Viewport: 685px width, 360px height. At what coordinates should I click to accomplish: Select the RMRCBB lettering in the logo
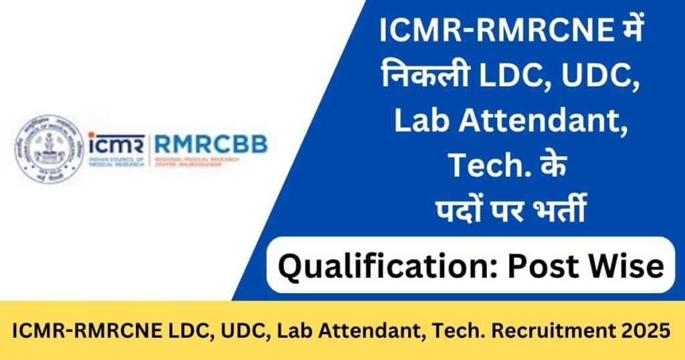(x=211, y=143)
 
